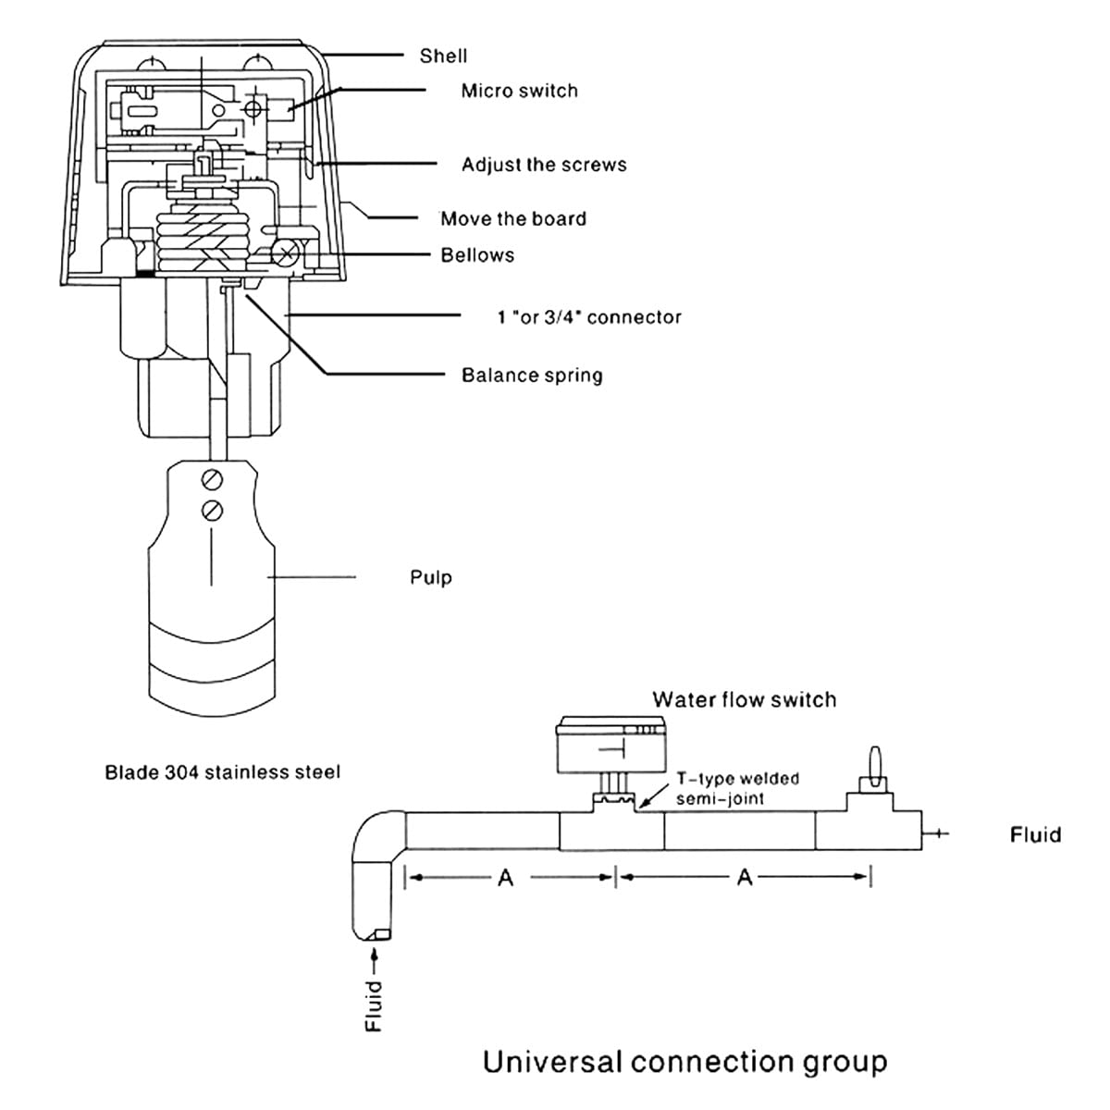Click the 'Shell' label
pos(443,55)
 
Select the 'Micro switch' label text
pos(519,91)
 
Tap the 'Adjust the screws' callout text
pos(544,165)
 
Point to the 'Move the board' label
pos(513,219)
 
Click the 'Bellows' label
pos(477,255)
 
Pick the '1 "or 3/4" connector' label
pos(589,317)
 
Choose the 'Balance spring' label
pos(532,376)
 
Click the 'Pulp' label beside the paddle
pos(431,577)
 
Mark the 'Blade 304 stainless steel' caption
pos(222,771)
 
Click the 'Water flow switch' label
pos(744,699)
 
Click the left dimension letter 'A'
pos(505,878)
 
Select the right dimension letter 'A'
pos(745,878)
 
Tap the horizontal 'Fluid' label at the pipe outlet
pos(1035,835)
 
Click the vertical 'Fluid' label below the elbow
pos(374,1005)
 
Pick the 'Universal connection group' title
pos(684,1061)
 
